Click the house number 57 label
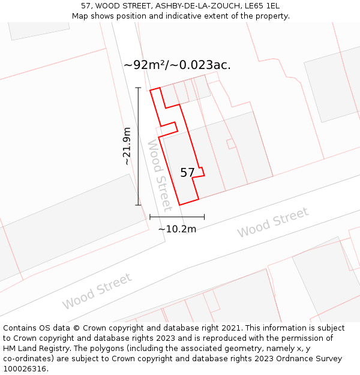click(187, 173)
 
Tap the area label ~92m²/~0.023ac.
click(177, 65)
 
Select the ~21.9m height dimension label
click(127, 146)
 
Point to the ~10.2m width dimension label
click(177, 229)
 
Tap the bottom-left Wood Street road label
click(97, 291)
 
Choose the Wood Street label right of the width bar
click(272, 222)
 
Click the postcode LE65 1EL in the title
click(262, 6)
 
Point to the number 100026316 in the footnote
click(24, 369)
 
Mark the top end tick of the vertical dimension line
click(138, 88)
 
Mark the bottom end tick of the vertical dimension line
click(138, 205)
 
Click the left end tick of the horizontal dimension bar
click(149, 217)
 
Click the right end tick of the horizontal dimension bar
click(204, 217)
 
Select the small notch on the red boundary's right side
click(202, 172)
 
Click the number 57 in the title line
click(86, 6)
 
